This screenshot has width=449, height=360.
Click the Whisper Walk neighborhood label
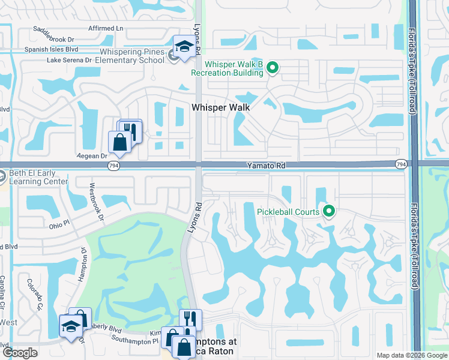click(220, 107)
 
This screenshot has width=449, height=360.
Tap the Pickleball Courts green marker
click(328, 211)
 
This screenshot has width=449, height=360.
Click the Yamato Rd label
click(265, 164)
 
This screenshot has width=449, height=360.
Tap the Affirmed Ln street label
click(105, 28)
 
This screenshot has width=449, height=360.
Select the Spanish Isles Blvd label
click(52, 50)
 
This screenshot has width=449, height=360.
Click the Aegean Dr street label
click(92, 155)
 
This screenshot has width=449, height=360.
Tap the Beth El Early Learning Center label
click(38, 177)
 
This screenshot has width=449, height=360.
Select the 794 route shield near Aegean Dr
click(113, 164)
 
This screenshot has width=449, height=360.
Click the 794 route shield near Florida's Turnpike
click(400, 164)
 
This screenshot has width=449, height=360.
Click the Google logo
click(20, 353)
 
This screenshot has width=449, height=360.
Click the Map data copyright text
click(411, 355)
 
